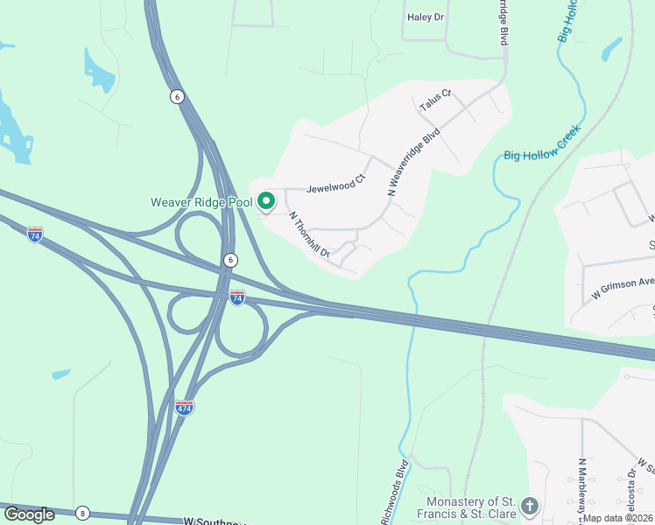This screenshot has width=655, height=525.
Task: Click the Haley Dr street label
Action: [426, 17]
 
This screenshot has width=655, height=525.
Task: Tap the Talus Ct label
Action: [434, 100]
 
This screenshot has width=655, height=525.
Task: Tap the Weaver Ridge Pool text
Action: [201, 202]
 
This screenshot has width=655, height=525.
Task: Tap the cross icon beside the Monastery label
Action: [529, 506]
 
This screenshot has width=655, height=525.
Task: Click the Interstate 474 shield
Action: [184, 408]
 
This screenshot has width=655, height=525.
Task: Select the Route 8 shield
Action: [82, 513]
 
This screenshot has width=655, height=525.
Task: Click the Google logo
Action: [29, 514]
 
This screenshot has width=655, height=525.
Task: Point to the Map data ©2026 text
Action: [617, 518]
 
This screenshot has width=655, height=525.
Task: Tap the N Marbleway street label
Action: [581, 491]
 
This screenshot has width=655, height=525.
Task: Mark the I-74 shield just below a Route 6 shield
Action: [237, 297]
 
